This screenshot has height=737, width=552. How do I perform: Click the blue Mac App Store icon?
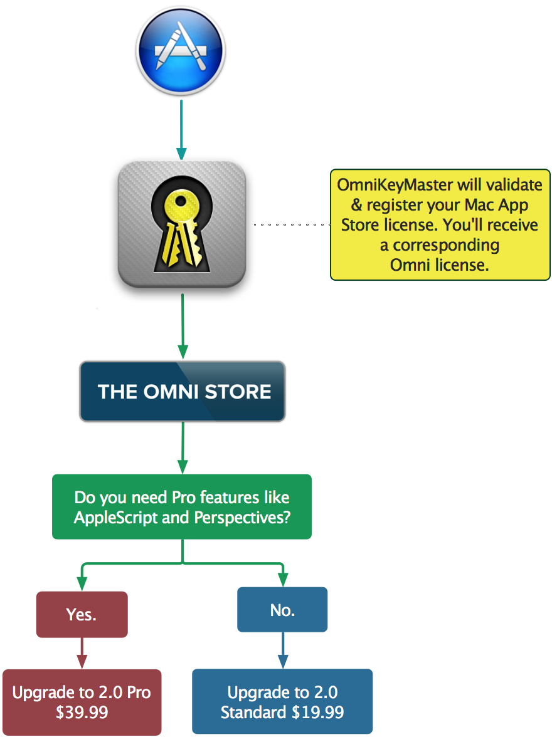tap(181, 50)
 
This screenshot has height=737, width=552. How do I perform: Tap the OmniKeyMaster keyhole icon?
tap(182, 224)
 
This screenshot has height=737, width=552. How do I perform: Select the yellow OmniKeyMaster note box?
tap(440, 224)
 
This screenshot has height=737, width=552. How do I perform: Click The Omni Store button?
tap(183, 392)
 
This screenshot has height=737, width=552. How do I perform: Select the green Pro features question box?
tap(182, 507)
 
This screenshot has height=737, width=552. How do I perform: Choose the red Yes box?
tap(82, 615)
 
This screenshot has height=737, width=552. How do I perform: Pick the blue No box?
tap(282, 610)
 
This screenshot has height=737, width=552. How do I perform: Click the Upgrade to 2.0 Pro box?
tap(82, 702)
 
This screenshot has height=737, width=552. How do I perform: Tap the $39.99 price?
tap(82, 712)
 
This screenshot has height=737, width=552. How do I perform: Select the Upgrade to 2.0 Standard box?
tap(282, 702)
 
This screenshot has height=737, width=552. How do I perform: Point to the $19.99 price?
tap(317, 712)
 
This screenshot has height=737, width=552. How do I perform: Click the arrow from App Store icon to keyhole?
tap(181, 128)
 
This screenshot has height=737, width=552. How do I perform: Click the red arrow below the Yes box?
tap(82, 654)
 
